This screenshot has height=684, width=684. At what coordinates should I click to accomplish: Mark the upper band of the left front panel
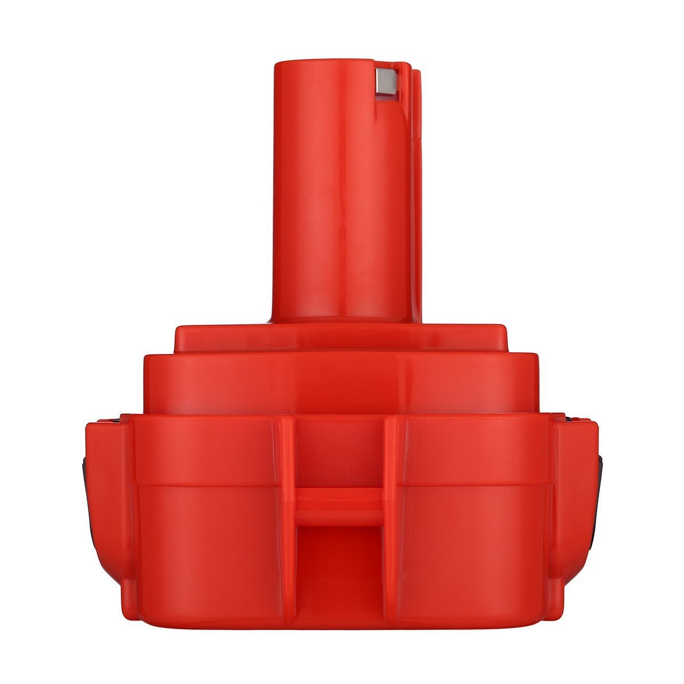pyautogui.click(x=205, y=450)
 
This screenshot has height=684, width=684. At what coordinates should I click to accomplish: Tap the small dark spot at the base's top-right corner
pyautogui.click(x=570, y=421)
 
